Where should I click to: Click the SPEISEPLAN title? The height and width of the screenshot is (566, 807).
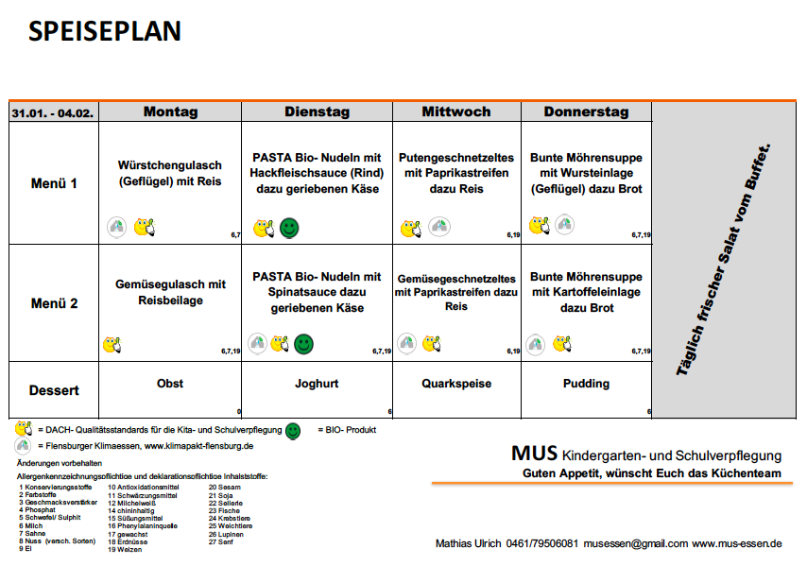point(104,31)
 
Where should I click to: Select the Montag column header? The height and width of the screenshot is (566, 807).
point(170,111)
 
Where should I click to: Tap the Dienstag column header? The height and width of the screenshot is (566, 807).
point(317,111)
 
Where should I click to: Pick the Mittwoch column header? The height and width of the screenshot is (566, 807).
point(456,111)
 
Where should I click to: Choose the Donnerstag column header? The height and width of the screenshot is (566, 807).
point(586,111)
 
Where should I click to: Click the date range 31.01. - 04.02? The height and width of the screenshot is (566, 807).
point(53,112)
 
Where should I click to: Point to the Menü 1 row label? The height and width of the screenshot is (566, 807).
point(54,183)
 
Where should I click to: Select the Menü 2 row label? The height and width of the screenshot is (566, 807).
point(54,303)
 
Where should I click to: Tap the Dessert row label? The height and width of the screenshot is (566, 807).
point(54,389)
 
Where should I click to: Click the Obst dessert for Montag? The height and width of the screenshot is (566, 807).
point(170,384)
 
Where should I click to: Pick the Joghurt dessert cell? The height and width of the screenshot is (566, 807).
point(317,384)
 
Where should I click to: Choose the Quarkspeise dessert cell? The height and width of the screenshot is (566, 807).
point(456,384)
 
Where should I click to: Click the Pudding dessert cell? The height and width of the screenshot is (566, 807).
point(586,384)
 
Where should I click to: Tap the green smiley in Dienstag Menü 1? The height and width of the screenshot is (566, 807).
point(291,227)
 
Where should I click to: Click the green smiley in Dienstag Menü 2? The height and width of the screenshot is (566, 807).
point(303,343)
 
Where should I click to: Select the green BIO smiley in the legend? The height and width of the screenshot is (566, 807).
point(293,430)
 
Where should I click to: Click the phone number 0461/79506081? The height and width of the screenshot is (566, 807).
point(543,543)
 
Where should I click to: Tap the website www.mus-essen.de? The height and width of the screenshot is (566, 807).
point(737,543)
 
